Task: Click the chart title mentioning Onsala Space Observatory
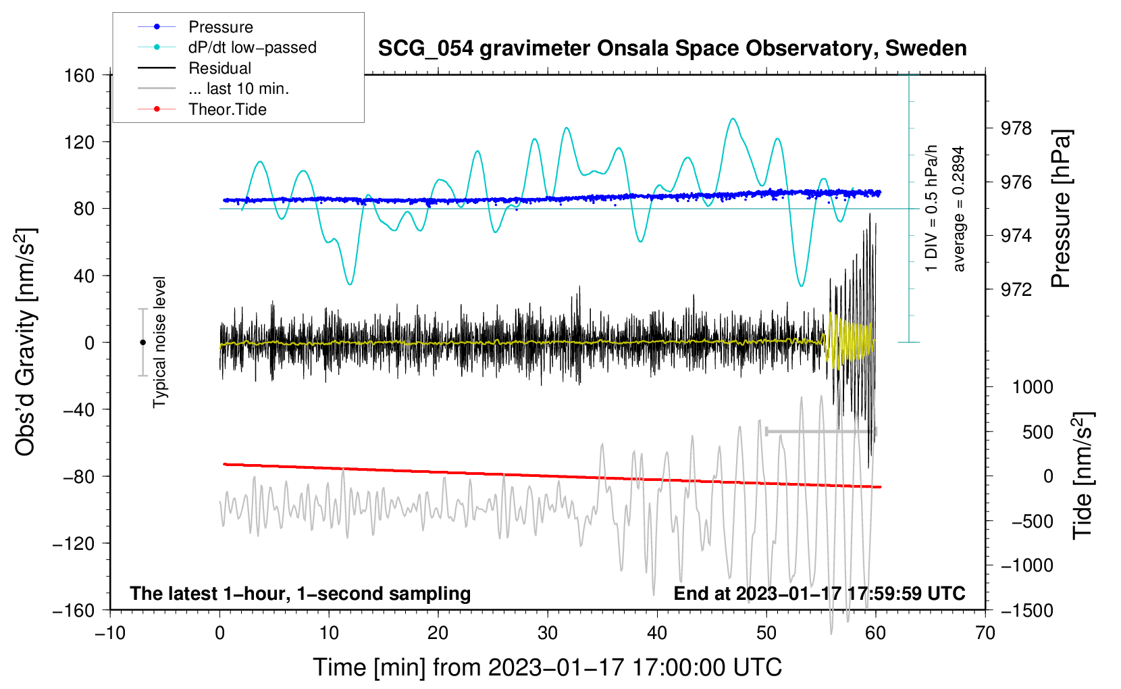pyautogui.click(x=672, y=49)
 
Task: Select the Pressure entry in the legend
pyautogui.click(x=220, y=27)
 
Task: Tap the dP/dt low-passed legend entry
pyautogui.click(x=252, y=47)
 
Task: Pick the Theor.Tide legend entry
pyautogui.click(x=227, y=109)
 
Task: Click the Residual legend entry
pyautogui.click(x=219, y=68)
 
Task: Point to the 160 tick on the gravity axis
pyautogui.click(x=79, y=75)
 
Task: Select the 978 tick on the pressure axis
pyautogui.click(x=1016, y=128)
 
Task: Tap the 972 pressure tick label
pyautogui.click(x=1016, y=290)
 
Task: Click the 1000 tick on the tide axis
pyautogui.click(x=1032, y=387)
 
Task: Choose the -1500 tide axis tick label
pyautogui.click(x=1027, y=611)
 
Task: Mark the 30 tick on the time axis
pyautogui.click(x=548, y=633)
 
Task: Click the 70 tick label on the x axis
pyautogui.click(x=985, y=633)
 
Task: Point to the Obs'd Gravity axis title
pyautogui.click(x=26, y=342)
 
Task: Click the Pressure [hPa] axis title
pyautogui.click(x=1062, y=209)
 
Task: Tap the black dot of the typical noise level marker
pyautogui.click(x=142, y=342)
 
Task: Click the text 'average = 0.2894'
pyautogui.click(x=958, y=209)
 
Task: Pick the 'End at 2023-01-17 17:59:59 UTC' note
pyautogui.click(x=819, y=593)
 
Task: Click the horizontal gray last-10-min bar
pyautogui.click(x=821, y=431)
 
